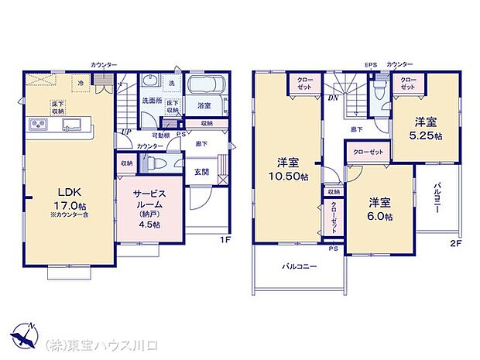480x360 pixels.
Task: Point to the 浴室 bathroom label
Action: (204, 105)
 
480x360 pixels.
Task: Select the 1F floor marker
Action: (226, 240)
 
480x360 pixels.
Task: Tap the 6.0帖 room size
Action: (379, 217)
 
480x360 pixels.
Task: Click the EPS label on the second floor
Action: (371, 63)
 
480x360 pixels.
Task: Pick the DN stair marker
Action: (331, 98)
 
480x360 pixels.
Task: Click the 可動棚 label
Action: (160, 135)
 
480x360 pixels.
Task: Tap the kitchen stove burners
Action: (37, 125)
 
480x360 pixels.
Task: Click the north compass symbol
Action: (23, 334)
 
